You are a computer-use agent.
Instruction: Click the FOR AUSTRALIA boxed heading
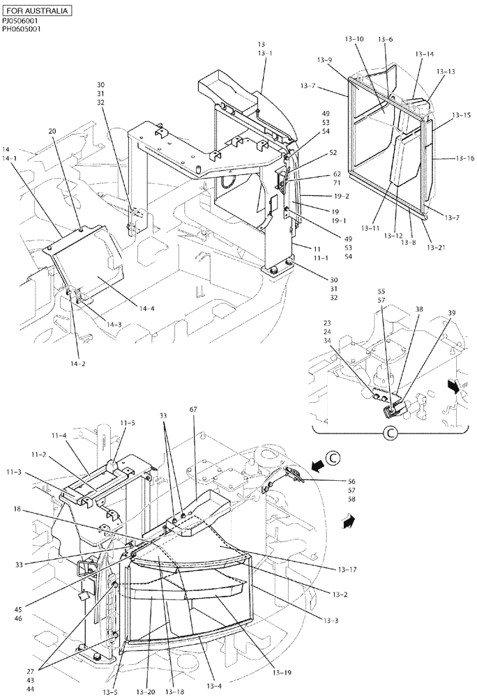[x=37, y=12]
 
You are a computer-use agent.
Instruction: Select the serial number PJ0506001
[x=21, y=22]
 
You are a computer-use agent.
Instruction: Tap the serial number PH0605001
[x=22, y=30]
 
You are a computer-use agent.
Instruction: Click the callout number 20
[x=52, y=131]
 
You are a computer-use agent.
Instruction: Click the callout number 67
[x=192, y=409]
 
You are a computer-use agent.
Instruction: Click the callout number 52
[x=333, y=153]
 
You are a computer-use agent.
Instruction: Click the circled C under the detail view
[x=391, y=434]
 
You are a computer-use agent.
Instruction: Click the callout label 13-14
[x=425, y=54]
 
